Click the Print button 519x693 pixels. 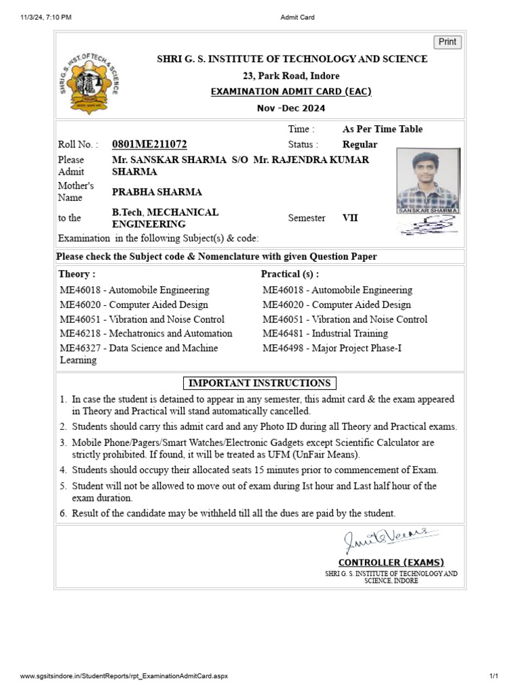(447, 42)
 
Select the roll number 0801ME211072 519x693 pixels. (149, 144)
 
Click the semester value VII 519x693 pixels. (351, 218)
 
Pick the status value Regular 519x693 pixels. (360, 144)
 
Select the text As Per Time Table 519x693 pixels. (382, 129)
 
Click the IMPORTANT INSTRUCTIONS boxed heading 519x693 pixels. (259, 383)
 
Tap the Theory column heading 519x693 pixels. (77, 274)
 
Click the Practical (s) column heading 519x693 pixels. (290, 274)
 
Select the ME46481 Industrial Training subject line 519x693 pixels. (325, 334)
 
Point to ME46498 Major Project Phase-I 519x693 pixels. (332, 349)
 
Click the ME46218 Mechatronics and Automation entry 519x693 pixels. (146, 334)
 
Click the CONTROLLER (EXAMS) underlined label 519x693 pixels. (391, 562)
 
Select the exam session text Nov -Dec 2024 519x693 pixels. (291, 108)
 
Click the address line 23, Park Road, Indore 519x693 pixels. (291, 76)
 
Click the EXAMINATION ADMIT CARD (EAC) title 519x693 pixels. (291, 91)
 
